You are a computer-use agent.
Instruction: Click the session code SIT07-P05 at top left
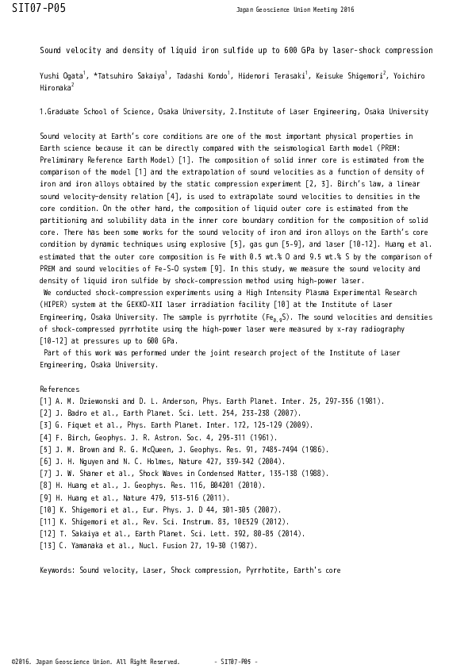tap(38, 9)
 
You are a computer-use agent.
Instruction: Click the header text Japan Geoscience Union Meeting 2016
tap(295, 10)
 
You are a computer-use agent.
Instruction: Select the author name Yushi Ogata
tap(61, 77)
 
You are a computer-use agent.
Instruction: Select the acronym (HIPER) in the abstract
tap(55, 305)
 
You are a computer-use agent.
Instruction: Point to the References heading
tap(59, 390)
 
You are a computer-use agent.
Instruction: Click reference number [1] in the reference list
tap(45, 401)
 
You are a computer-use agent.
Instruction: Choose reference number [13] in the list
tap(47, 546)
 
